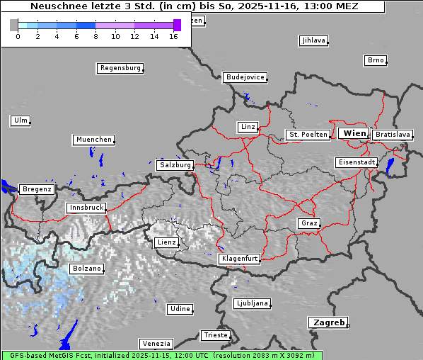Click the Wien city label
[354, 133]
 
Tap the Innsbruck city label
[86, 208]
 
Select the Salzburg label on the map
[175, 165]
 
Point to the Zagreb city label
[328, 322]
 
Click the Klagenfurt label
[239, 259]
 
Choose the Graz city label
[308, 223]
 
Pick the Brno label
[376, 60]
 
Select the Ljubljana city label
[251, 303]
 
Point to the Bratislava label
[392, 135]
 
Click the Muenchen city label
[93, 140]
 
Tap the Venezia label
[156, 343]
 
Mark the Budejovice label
[244, 77]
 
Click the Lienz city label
[166, 242]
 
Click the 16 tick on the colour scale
[173, 36]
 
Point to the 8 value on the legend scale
[95, 36]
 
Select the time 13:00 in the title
[320, 6]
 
